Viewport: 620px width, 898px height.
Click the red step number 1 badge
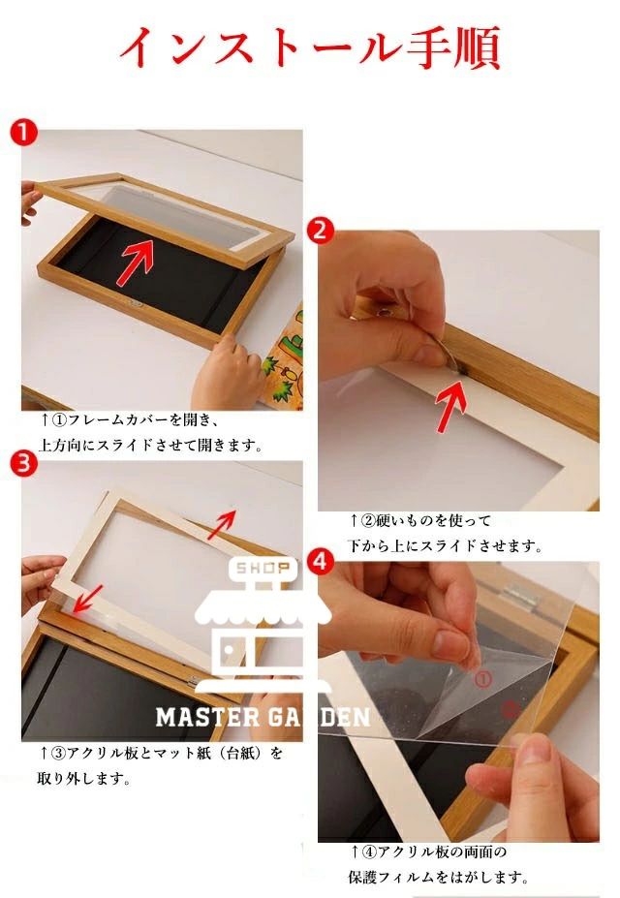point(23,134)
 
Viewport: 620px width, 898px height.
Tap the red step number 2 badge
point(321,231)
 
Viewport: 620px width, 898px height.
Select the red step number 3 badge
point(23,463)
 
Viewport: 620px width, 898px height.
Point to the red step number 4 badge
point(321,562)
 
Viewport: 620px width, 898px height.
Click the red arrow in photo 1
point(136,263)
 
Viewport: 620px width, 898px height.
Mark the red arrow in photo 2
point(450,406)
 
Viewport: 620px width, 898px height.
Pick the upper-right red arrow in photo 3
point(222,524)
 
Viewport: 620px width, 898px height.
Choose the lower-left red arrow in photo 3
point(87,599)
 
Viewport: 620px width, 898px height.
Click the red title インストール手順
point(310,47)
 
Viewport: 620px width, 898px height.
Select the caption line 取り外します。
point(83,779)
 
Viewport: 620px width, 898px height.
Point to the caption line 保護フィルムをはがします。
point(438,877)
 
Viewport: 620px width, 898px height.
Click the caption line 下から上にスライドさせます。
point(445,545)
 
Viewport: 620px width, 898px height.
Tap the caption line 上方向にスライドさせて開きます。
point(150,445)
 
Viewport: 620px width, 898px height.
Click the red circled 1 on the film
point(483,680)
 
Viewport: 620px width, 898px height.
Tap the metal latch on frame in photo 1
point(136,303)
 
